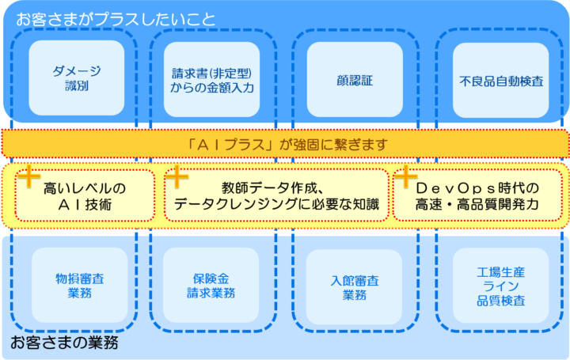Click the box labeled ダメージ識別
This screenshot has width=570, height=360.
(76, 78)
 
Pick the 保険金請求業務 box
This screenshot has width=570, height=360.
(213, 286)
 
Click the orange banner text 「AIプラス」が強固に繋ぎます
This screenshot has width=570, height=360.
(284, 144)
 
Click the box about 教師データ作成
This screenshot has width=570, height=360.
(276, 195)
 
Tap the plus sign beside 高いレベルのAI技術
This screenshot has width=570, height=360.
(29, 176)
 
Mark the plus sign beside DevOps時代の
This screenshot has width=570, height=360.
(406, 176)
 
